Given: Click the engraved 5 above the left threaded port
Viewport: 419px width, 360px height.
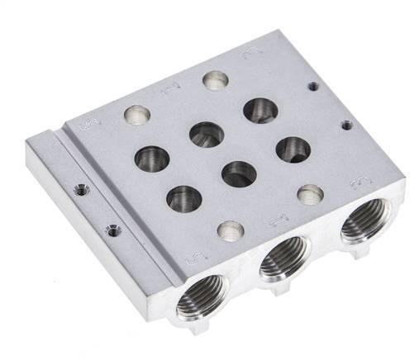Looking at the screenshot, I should pos(193,258).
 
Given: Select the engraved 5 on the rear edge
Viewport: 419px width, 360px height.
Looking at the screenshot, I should pos(83,125).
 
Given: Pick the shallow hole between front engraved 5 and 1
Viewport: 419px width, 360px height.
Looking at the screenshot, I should pos(231,229).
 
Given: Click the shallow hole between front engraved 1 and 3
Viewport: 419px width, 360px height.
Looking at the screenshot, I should pos(310,194).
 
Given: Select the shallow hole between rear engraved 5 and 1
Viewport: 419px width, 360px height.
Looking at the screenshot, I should pos(133,113).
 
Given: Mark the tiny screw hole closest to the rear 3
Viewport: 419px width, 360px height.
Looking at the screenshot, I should pos(312,84).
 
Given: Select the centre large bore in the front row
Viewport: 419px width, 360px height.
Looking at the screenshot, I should pos(238,173).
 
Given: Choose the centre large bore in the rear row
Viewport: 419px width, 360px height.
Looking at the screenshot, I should pos(205,133).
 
